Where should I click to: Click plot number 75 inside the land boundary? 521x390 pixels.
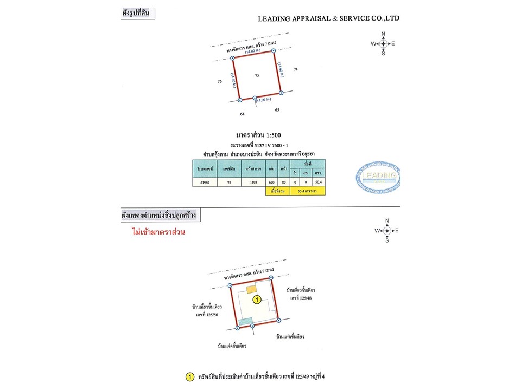pyautogui.click(x=257, y=76)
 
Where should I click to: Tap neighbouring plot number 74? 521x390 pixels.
pyautogui.click(x=296, y=69)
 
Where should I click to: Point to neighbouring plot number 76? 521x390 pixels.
pyautogui.click(x=219, y=81)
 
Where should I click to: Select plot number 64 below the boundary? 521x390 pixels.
pyautogui.click(x=243, y=114)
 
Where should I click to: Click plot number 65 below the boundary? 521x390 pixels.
pyautogui.click(x=277, y=110)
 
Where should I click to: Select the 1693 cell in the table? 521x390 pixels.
pyautogui.click(x=253, y=183)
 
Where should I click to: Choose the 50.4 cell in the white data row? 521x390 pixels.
pyautogui.click(x=318, y=183)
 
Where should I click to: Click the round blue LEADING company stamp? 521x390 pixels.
pyautogui.click(x=378, y=177)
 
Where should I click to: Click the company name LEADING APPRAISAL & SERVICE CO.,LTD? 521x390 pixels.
pyautogui.click(x=328, y=18)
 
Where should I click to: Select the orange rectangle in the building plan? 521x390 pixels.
pyautogui.click(x=251, y=290)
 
